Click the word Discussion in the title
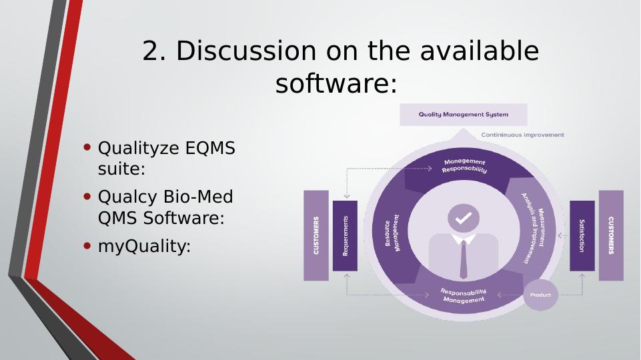tap(246, 51)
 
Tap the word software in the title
tap(330, 83)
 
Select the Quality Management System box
tap(463, 115)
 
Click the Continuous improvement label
tap(522, 135)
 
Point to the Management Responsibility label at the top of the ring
tap(464, 165)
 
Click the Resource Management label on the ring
tap(392, 233)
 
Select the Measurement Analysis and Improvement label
tap(534, 227)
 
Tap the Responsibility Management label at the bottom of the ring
tap(464, 296)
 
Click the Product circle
tap(540, 295)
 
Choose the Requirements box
tap(345, 236)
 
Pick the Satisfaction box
tap(582, 236)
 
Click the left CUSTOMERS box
tap(316, 235)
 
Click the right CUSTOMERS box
tap(611, 235)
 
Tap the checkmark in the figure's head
tap(464, 218)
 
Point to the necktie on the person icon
tap(464, 259)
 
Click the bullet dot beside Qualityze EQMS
tap(87, 147)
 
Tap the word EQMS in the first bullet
tap(210, 148)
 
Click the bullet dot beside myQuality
tap(87, 245)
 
